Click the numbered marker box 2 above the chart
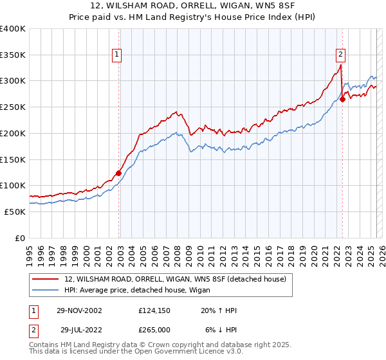pos(340,55)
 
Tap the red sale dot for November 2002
pos(119,172)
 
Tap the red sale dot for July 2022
pos(343,99)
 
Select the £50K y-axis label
pos(15,212)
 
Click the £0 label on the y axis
pos(20,238)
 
